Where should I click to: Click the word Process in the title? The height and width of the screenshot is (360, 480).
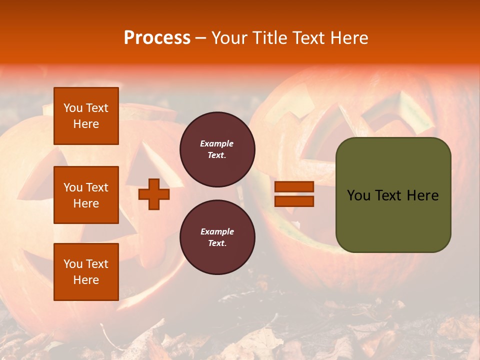pyautogui.click(x=157, y=37)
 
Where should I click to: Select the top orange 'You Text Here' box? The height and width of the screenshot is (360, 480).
pyautogui.click(x=86, y=116)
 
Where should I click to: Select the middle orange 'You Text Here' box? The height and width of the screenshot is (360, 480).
pyautogui.click(x=86, y=195)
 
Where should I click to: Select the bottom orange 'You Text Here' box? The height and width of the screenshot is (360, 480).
pyautogui.click(x=86, y=271)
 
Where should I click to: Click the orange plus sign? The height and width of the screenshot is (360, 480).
pyautogui.click(x=154, y=194)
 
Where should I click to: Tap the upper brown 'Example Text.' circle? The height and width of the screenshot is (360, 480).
pyautogui.click(x=217, y=149)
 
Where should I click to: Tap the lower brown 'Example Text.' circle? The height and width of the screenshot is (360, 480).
pyautogui.click(x=217, y=237)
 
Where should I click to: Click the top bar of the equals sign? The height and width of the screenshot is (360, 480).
pyautogui.click(x=294, y=187)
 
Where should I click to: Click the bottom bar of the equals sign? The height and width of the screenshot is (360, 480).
pyautogui.click(x=294, y=201)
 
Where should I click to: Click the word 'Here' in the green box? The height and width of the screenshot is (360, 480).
pyautogui.click(x=422, y=195)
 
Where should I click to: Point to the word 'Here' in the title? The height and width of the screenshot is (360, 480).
pyautogui.click(x=349, y=37)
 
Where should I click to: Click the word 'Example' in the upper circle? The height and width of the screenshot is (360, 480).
pyautogui.click(x=217, y=143)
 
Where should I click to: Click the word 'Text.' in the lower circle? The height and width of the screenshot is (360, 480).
pyautogui.click(x=217, y=243)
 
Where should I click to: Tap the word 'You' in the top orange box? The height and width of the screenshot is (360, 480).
pyautogui.click(x=73, y=108)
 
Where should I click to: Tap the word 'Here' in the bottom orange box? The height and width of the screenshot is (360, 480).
pyautogui.click(x=86, y=280)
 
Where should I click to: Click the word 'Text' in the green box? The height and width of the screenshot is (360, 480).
pyautogui.click(x=389, y=195)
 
